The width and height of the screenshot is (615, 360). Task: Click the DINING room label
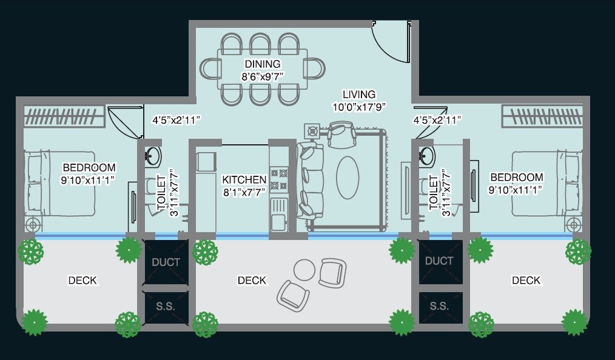click(x=263, y=64)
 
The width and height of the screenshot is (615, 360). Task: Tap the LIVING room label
click(x=359, y=95)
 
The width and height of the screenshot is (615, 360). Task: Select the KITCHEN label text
click(x=244, y=180)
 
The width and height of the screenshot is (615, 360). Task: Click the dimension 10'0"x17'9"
click(x=359, y=107)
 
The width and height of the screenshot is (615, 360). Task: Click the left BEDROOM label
click(x=89, y=168)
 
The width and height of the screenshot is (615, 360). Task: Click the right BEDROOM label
click(x=516, y=177)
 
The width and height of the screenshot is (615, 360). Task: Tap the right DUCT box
click(x=440, y=261)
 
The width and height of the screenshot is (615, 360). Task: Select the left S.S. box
click(x=165, y=307)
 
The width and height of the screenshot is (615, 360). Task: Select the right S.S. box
click(x=440, y=307)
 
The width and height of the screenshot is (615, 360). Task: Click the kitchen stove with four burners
click(x=279, y=179)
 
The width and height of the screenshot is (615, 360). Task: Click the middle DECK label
click(x=252, y=281)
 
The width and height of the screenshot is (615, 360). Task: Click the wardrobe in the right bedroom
click(x=543, y=116)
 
